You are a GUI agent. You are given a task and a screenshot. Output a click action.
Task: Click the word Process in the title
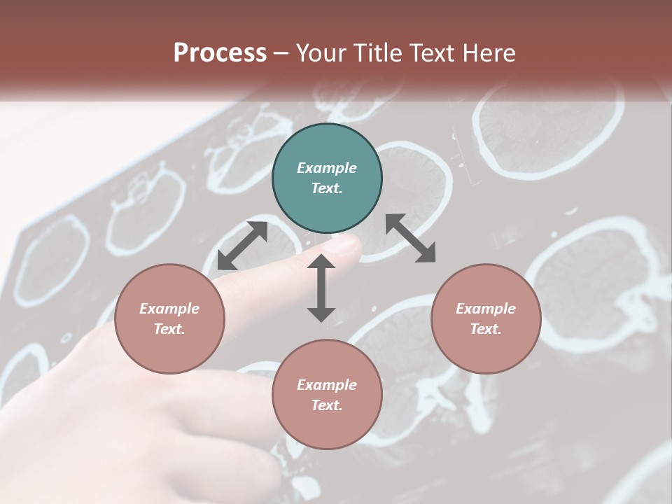point(220,53)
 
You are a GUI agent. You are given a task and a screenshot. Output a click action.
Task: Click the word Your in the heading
point(322,53)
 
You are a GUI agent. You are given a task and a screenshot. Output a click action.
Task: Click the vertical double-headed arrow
point(321,288)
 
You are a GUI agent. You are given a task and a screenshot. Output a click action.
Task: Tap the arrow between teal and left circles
point(242,246)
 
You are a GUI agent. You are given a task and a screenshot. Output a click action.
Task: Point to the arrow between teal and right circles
point(410,238)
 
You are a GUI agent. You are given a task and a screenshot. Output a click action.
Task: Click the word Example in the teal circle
point(327,168)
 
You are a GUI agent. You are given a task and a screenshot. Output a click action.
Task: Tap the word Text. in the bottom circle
point(327,405)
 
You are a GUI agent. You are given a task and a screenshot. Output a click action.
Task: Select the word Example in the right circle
point(486,309)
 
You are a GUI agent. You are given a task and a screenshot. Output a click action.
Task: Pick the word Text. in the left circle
point(169,329)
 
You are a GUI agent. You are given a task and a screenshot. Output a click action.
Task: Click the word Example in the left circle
point(169,309)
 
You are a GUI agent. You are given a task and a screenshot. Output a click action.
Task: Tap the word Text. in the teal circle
point(327,188)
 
